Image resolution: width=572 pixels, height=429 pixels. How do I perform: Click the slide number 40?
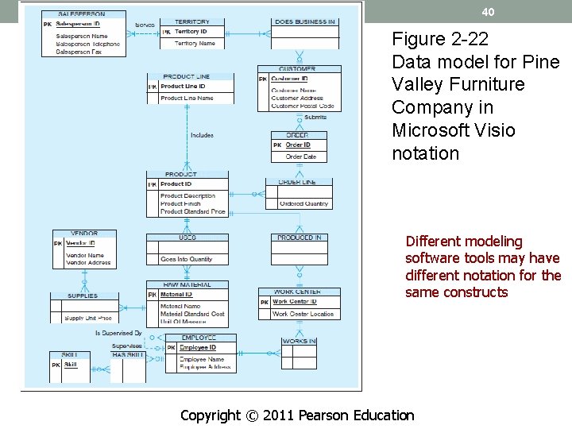(488, 13)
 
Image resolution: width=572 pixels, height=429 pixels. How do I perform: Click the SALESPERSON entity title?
(81, 14)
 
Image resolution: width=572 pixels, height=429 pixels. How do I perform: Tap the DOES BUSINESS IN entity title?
(304, 21)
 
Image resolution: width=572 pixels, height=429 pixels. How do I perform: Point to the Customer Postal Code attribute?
(303, 106)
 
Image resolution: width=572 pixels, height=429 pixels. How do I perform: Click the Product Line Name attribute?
(187, 99)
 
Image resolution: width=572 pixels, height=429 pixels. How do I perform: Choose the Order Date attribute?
(301, 157)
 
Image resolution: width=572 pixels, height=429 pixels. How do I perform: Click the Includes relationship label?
(202, 135)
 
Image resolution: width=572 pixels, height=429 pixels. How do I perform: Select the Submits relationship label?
(315, 118)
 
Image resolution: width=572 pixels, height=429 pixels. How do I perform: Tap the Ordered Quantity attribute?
(304, 204)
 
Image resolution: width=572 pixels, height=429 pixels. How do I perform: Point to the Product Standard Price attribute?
(193, 212)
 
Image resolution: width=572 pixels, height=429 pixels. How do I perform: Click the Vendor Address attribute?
(88, 262)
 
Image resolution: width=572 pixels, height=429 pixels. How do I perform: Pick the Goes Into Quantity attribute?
(187, 259)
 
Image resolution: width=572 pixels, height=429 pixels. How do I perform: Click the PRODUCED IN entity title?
(300, 238)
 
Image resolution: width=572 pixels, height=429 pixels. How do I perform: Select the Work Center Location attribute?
(303, 314)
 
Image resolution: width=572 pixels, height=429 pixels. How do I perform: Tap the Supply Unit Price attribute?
(88, 318)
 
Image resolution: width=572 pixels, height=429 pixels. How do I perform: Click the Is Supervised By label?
(118, 333)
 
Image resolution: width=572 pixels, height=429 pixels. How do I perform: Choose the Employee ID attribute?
(198, 348)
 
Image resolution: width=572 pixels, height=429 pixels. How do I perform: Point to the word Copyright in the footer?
(210, 415)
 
